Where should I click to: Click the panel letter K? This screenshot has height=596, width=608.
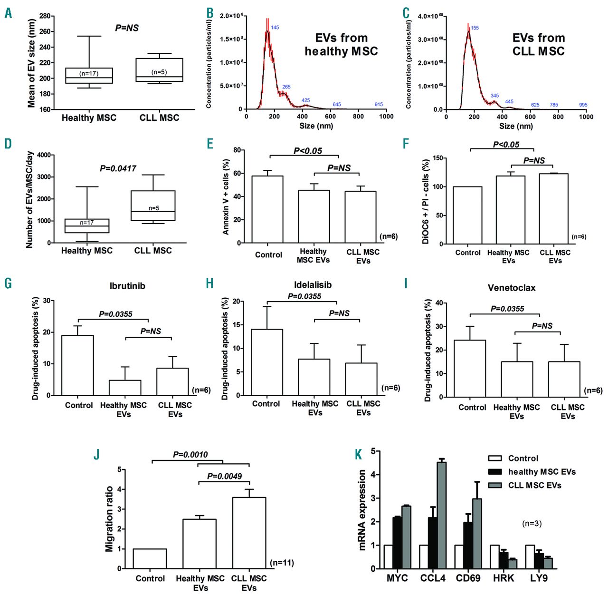[359, 455]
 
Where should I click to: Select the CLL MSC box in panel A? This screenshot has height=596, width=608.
[159, 70]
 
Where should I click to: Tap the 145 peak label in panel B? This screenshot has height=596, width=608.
[275, 28]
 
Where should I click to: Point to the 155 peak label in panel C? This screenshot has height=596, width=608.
[475, 28]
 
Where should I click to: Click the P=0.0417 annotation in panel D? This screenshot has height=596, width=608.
[118, 168]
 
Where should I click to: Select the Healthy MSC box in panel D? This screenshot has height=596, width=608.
[87, 226]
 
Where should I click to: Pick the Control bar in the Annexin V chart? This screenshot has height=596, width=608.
[267, 209]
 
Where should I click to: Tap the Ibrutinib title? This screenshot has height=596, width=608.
[127, 286]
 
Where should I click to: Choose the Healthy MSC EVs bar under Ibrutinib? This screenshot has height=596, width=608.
[125, 387]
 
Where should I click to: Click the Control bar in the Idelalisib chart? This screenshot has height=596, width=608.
[267, 362]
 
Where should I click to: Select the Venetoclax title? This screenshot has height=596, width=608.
[512, 288]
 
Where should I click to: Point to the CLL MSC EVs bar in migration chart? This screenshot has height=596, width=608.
[249, 533]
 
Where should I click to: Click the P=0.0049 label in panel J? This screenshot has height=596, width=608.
[224, 476]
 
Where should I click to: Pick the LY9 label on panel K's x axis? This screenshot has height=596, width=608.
[539, 578]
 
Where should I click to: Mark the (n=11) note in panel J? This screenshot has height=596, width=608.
[282, 563]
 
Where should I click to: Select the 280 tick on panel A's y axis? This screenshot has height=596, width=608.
[45, 16]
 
